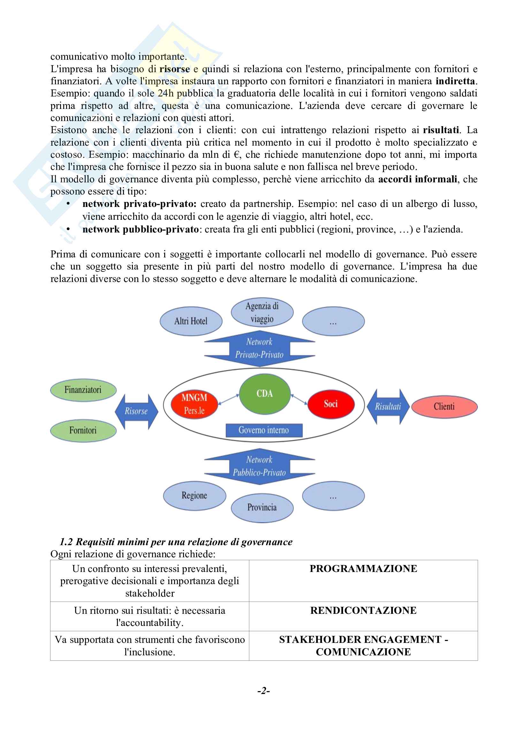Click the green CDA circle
point(264,394)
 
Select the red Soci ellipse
point(331,404)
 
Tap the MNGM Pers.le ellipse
point(194,404)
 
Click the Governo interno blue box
point(264,430)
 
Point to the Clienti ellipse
point(444,406)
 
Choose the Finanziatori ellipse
point(83,390)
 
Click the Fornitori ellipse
point(83,431)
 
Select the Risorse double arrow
point(136,411)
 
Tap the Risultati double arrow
point(388,406)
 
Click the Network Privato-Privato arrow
point(259,348)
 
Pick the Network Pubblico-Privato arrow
point(259,466)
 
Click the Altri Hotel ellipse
point(191,321)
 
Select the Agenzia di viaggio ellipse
point(262,312)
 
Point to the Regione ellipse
point(194,496)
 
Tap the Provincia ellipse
point(262,507)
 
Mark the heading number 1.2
point(66,542)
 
